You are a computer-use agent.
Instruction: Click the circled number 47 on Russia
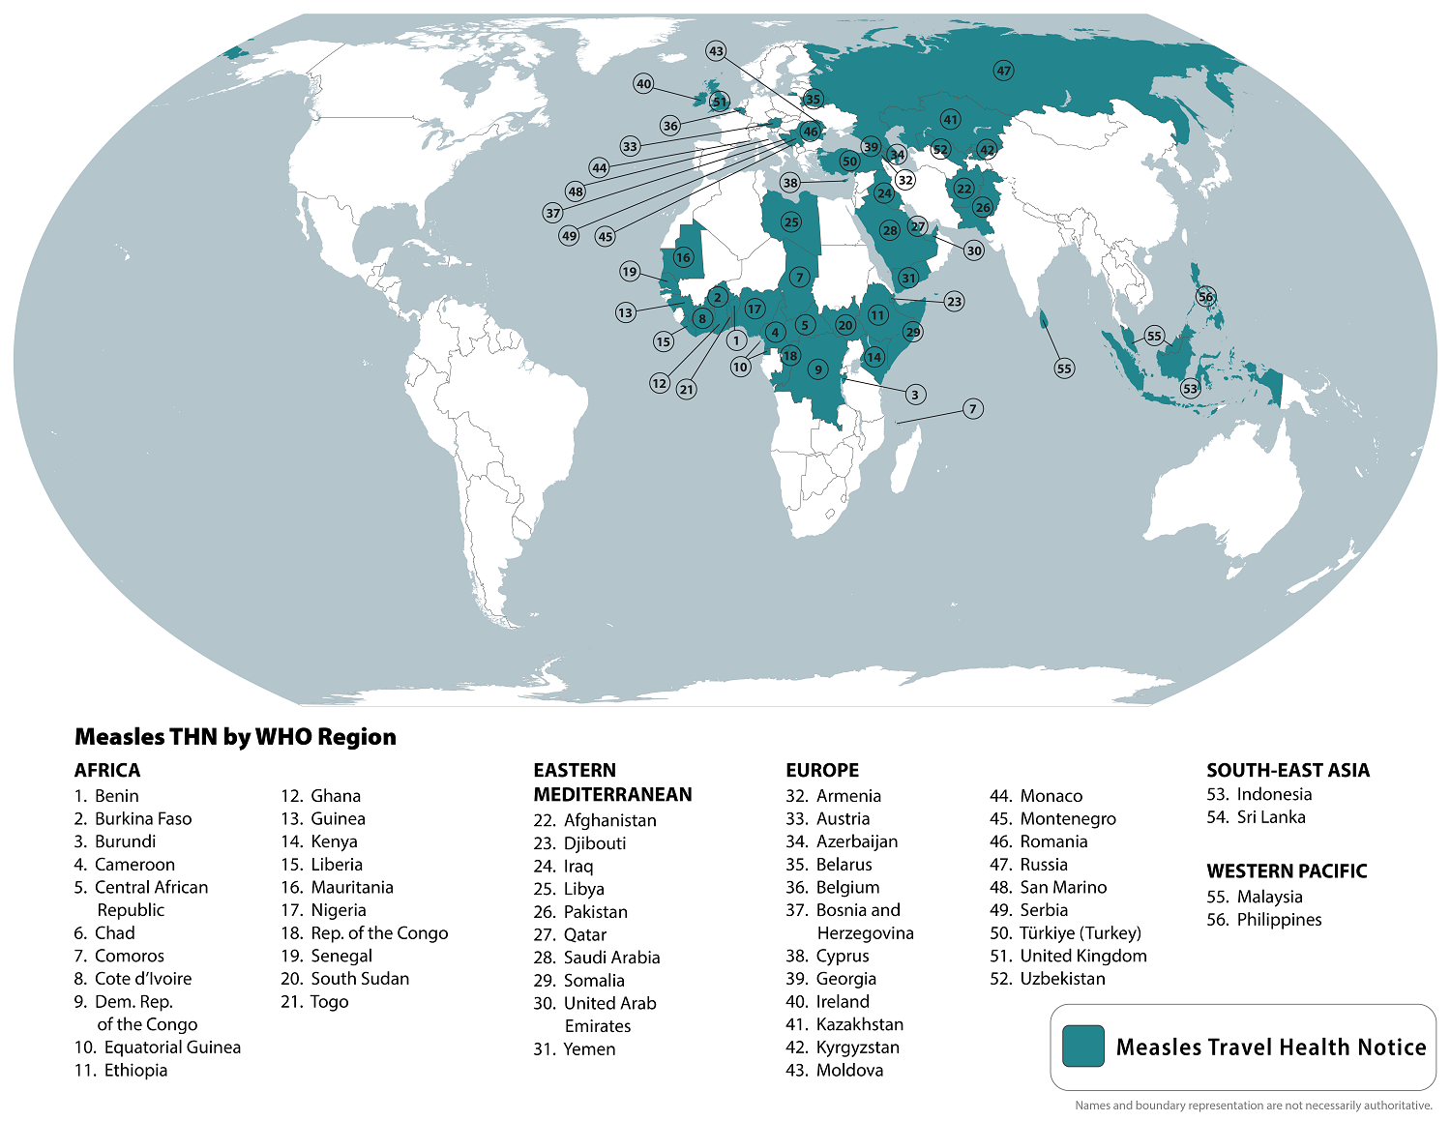[x=1003, y=71]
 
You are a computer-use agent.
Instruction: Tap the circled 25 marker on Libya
[x=791, y=222]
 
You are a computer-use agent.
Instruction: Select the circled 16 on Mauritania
[x=683, y=257]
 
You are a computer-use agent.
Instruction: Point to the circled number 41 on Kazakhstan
[x=951, y=120]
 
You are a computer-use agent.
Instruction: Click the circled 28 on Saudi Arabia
[x=889, y=230]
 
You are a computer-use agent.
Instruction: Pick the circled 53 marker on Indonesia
[x=1190, y=389]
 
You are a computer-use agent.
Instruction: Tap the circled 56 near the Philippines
[x=1205, y=297]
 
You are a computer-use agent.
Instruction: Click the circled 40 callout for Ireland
[x=644, y=84]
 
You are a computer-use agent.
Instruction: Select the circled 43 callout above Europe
[x=716, y=51]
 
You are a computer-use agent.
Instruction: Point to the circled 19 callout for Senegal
[x=630, y=272]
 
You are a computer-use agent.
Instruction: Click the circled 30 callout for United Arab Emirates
[x=974, y=251]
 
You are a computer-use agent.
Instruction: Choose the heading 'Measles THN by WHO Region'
[x=235, y=737]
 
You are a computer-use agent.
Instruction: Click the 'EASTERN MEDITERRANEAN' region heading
[x=612, y=782]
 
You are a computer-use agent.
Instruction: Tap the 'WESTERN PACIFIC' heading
[x=1287, y=870]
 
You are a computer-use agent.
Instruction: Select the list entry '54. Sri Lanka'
[x=1257, y=817]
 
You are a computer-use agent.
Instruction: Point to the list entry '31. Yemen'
[x=575, y=1049]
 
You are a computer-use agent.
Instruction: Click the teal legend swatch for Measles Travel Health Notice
[x=1082, y=1047]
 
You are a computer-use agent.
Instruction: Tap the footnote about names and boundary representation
[x=1253, y=1106]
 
